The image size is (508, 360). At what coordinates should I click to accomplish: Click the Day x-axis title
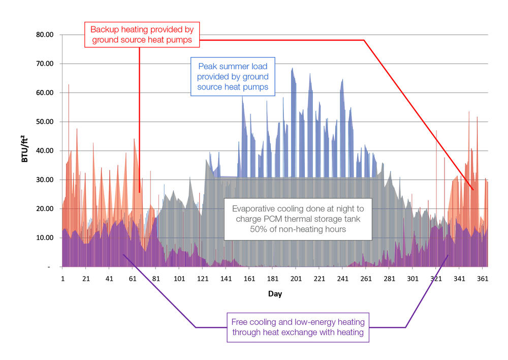click(x=275, y=294)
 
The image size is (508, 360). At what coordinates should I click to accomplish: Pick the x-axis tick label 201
click(x=296, y=279)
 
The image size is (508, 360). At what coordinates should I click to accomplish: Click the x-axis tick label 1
click(x=62, y=279)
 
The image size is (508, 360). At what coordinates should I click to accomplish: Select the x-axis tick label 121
click(x=203, y=279)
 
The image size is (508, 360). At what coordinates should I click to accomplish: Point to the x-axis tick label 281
click(x=389, y=279)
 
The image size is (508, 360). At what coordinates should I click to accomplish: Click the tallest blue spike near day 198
click(x=292, y=69)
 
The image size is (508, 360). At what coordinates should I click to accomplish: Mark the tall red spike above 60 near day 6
click(x=69, y=85)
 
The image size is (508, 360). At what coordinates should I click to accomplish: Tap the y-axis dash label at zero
click(x=49, y=267)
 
